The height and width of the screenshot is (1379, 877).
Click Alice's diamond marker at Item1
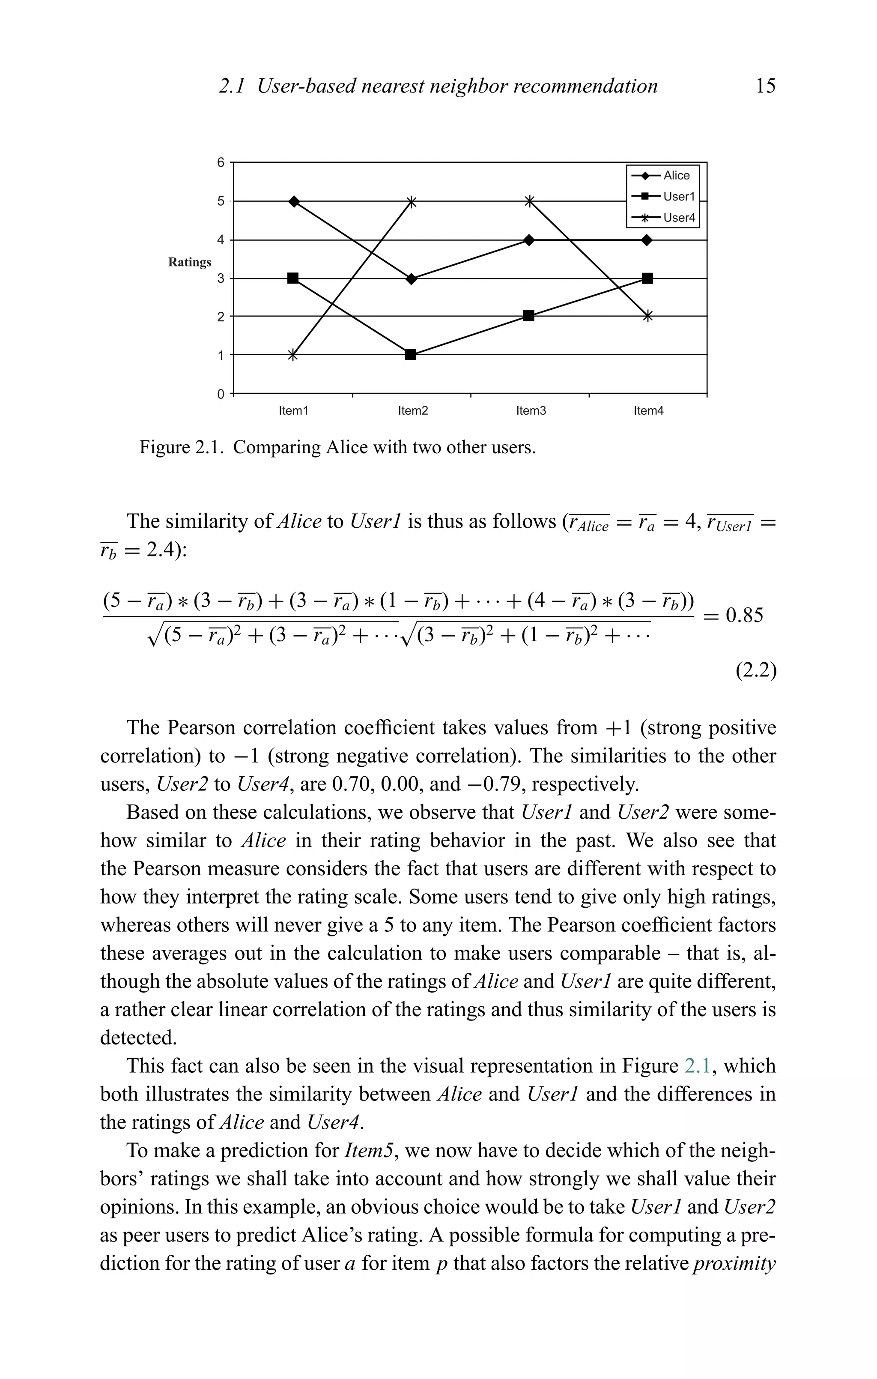click(294, 202)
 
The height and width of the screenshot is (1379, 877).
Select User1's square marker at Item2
click(410, 354)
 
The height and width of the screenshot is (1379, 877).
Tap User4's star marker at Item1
click(292, 355)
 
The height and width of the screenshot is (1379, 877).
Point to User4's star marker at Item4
click(647, 316)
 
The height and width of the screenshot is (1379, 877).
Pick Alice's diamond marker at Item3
click(529, 240)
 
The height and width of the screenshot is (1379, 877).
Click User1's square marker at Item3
click(529, 316)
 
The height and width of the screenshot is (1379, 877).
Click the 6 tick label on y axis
click(221, 163)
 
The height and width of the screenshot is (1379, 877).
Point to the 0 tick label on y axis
click(221, 395)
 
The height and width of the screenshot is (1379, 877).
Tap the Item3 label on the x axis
click(531, 410)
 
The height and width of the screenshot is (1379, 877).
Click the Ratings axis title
click(189, 262)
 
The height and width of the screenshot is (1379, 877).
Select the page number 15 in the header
click(765, 86)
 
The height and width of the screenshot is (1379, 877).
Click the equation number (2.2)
click(756, 670)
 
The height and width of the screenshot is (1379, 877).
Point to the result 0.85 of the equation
click(744, 616)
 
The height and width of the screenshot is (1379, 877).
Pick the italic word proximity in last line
click(734, 1263)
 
